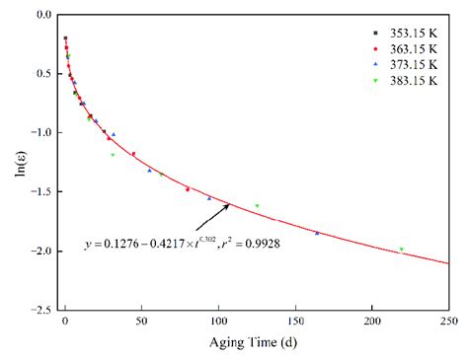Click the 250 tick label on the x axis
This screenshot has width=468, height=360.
pos(448,322)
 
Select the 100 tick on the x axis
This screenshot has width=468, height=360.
pos(217,322)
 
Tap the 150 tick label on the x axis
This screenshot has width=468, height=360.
pos(294,322)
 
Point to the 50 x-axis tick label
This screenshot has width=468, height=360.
pos(141,322)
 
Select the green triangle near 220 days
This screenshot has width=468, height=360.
pos(402,250)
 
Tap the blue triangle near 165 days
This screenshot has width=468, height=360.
pos(317,233)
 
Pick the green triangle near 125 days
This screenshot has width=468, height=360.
pos(257,206)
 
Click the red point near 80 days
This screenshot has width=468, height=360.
pos(188,189)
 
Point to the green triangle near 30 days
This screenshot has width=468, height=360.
pos(113,155)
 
